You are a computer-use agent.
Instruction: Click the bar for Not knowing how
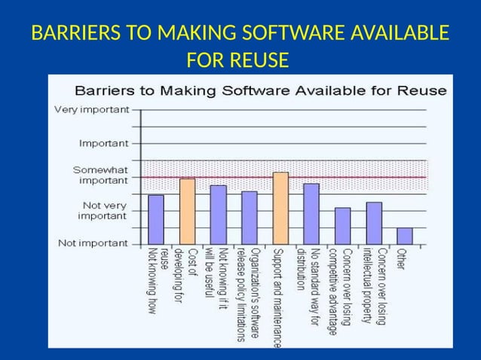[156, 219]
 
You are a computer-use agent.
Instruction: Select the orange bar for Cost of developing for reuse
[187, 212]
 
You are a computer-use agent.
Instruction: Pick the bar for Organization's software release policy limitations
[250, 218]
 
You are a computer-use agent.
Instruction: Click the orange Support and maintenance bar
[280, 209]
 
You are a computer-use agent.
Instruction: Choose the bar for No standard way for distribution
[311, 214]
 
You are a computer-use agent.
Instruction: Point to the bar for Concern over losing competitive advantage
[342, 226]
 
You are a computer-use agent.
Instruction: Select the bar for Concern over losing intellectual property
[374, 223]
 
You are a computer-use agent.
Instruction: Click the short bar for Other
[405, 236]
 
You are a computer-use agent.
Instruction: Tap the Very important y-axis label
[91, 109]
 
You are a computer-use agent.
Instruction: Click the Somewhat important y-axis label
[104, 175]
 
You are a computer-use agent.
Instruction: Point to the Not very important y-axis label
[104, 210]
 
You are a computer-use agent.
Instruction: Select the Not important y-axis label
[94, 243]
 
